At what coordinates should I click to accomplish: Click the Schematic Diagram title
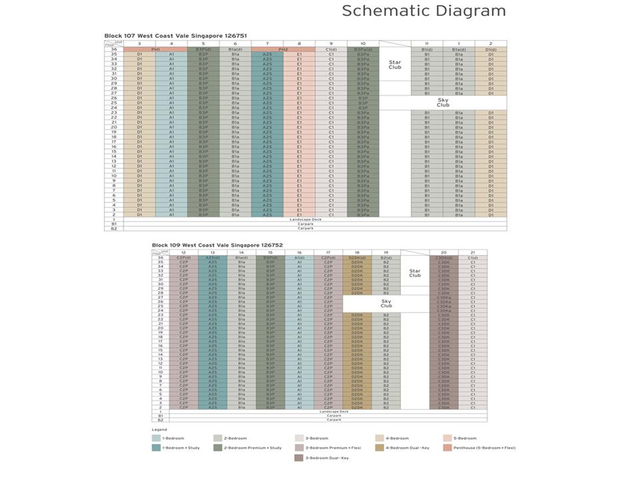[x=424, y=11]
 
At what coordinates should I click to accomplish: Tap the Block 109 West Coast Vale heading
[x=217, y=245]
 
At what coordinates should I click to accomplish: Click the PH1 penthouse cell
[x=155, y=49]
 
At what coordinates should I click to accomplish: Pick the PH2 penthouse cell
[x=283, y=49]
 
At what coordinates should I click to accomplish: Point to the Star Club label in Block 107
[x=395, y=65]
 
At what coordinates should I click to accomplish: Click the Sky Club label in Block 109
[x=386, y=303]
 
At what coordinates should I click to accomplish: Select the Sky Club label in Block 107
[x=443, y=102]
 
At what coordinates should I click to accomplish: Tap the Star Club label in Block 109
[x=415, y=273]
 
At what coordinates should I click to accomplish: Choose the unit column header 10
[x=363, y=44]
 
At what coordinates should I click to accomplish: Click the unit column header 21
[x=473, y=253]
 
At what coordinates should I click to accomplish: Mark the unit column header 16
[x=299, y=253]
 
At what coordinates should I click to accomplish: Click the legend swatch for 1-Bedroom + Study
[x=156, y=448]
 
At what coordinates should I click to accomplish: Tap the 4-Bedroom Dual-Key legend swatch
[x=380, y=448]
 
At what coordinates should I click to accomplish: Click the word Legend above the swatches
[x=159, y=430]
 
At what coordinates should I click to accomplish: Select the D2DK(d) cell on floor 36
[x=357, y=257]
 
